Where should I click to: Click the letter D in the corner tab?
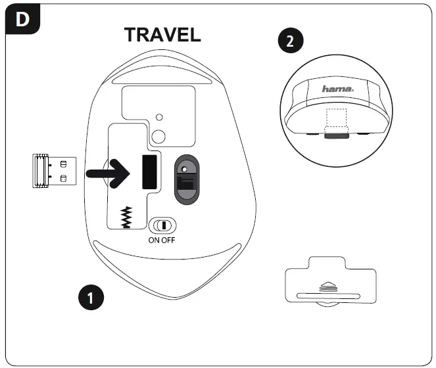tap(22, 19)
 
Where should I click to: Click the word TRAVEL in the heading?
tap(162, 35)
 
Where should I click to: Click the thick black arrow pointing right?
tap(112, 173)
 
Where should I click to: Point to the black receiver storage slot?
tap(149, 172)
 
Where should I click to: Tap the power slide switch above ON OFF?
tap(162, 225)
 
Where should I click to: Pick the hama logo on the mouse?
tap(337, 89)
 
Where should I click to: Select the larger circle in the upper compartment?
tap(158, 135)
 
